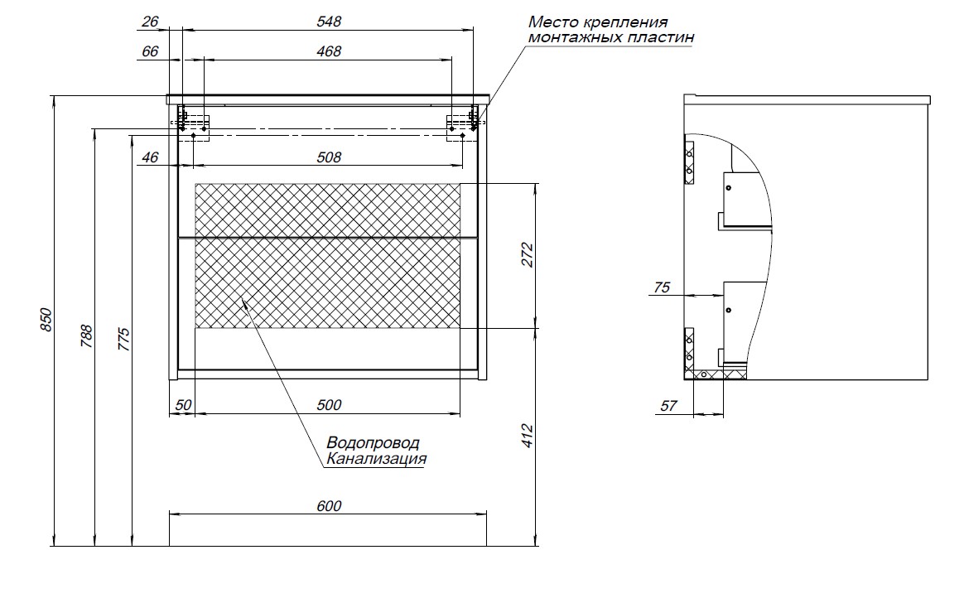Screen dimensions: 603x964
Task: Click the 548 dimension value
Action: coord(329,22)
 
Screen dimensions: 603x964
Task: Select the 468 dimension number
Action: coord(329,51)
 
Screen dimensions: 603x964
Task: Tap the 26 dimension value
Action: coord(149,22)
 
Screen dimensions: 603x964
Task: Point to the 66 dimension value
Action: coord(149,51)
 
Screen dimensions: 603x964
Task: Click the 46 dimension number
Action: coord(149,157)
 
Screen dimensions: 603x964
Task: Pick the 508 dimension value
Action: coord(329,157)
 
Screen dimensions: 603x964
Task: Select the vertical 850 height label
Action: coord(46,321)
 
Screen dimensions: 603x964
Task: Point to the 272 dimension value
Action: coord(528,256)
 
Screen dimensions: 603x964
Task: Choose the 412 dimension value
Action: coord(528,437)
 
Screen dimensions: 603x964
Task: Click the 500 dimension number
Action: coord(329,405)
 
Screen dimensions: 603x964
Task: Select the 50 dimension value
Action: coord(183,405)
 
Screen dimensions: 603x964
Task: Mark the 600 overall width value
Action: coord(329,506)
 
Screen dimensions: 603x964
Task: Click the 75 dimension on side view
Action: coord(662,288)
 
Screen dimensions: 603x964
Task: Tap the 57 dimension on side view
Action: coord(669,406)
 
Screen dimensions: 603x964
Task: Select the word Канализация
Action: coord(377,458)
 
